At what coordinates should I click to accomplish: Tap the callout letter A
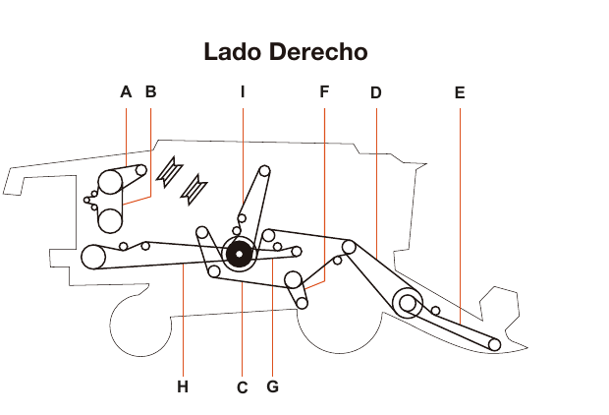126,92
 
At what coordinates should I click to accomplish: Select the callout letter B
150,92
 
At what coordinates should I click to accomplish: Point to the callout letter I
242,92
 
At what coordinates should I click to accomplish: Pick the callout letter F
324,92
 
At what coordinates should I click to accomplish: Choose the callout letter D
375,93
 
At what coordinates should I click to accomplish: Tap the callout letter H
182,386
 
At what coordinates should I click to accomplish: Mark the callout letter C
242,387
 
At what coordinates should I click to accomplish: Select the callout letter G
272,386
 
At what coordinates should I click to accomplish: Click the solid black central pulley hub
238,255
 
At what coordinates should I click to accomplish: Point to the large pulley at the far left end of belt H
93,257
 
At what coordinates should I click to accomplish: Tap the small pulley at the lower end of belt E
494,344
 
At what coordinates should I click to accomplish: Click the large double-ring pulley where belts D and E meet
405,303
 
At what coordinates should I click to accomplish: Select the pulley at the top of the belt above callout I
264,171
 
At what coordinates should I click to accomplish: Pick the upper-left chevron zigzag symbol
169,171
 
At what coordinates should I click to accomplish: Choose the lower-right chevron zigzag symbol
197,186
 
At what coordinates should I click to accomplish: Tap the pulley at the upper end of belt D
349,245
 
